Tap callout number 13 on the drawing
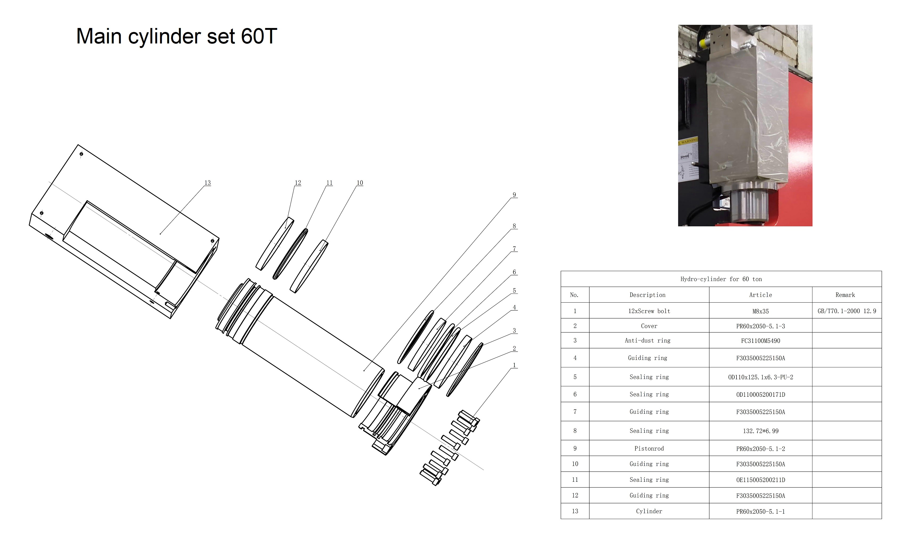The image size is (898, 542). (x=207, y=183)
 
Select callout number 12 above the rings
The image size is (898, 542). (x=298, y=183)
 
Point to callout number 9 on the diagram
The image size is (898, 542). (x=514, y=195)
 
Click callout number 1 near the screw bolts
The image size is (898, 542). (x=514, y=365)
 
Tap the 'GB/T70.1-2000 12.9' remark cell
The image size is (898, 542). (x=847, y=311)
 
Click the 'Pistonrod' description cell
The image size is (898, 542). (x=649, y=448)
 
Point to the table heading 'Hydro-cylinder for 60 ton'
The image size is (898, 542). (x=721, y=279)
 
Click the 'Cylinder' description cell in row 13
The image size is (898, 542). (x=649, y=511)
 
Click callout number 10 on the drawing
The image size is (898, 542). (x=360, y=183)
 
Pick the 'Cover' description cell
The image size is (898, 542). (x=649, y=326)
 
